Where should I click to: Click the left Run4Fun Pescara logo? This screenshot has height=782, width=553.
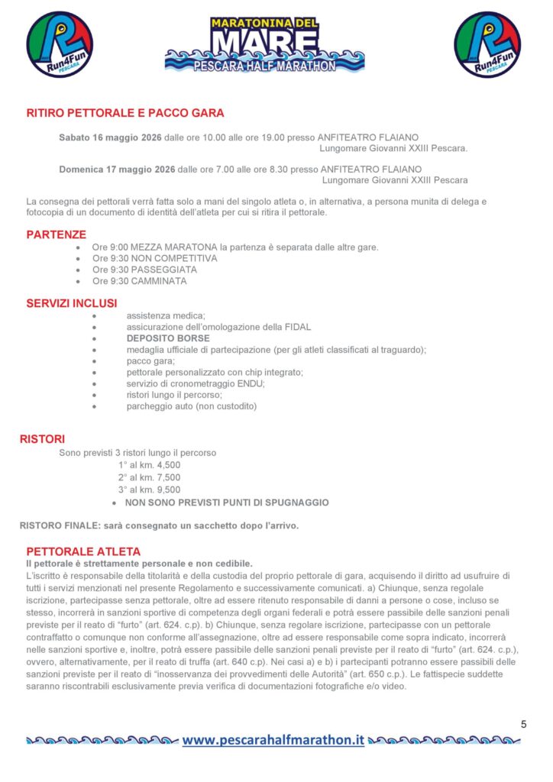60,44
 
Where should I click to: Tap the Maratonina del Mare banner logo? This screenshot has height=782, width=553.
264,44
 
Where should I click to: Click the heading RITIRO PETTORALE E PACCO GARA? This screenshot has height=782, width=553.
125,113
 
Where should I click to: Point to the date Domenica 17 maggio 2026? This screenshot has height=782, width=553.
117,169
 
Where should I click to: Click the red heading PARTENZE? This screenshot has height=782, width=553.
57,234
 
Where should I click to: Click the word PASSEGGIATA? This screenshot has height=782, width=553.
164,270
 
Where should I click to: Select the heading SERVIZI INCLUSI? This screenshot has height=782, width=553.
72,303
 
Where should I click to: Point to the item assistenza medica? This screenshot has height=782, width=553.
166,315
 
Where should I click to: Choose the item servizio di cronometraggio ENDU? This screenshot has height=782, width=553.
196,383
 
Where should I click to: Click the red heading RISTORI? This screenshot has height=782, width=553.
42,439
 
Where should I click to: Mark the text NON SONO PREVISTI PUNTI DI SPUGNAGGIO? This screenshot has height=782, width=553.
227,502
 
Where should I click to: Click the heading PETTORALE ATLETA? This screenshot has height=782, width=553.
83,551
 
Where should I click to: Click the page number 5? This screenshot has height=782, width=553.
523,723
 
